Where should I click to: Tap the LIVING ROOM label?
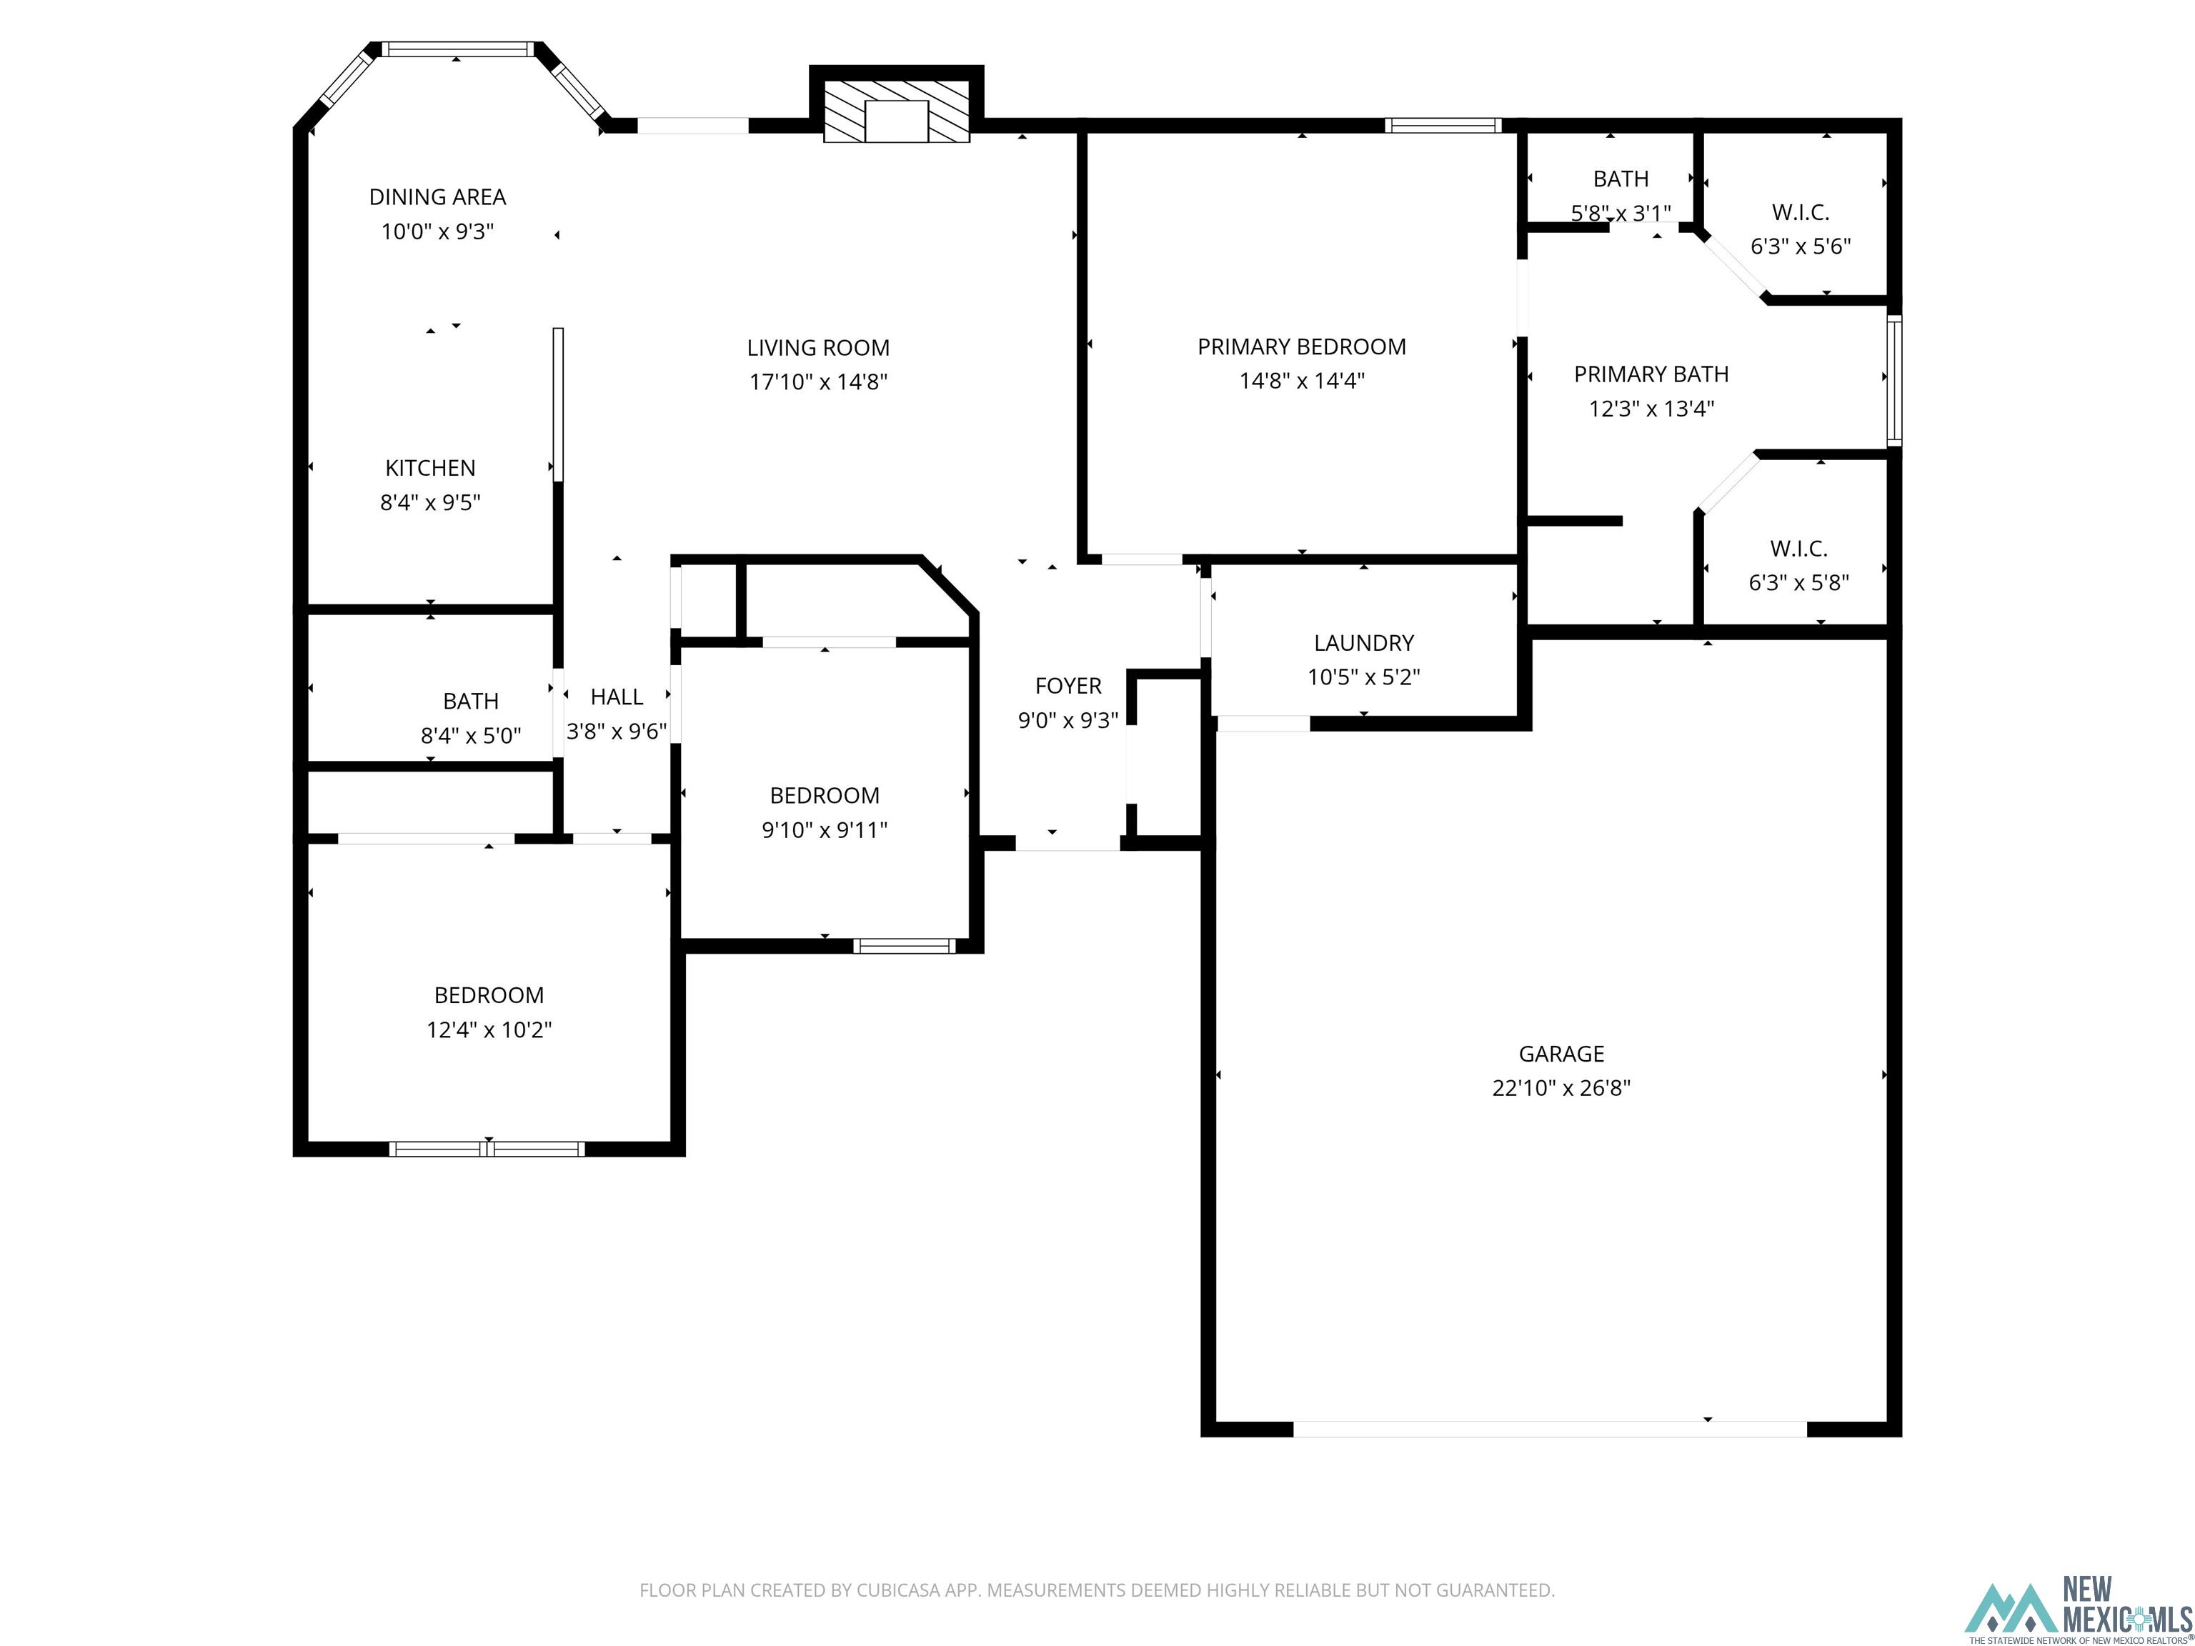click(817, 348)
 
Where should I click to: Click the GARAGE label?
click(1561, 1054)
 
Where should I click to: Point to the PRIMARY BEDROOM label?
click(1301, 347)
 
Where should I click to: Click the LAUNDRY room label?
click(1363, 643)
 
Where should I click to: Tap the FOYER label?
click(1067, 686)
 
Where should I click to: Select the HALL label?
click(616, 697)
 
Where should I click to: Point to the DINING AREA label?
click(437, 197)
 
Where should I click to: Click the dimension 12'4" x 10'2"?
click(488, 1030)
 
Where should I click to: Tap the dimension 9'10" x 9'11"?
click(824, 830)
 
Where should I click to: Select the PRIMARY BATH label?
click(1651, 375)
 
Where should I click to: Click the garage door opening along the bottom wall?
click(1549, 1430)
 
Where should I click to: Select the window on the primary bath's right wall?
click(1893, 380)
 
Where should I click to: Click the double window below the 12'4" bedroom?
click(487, 1149)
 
